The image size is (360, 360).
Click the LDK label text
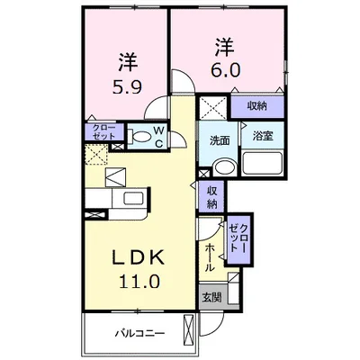coord(139,257)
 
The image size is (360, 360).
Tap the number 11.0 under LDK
coord(139,281)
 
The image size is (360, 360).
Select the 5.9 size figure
coord(127,86)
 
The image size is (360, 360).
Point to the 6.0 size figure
coord(226,71)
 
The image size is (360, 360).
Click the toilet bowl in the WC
coord(141,138)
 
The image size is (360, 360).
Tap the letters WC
coord(159,137)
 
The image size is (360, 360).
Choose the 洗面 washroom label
coord(220,140)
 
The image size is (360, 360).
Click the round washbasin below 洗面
coord(225,166)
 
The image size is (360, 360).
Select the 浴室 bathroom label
coord(263,136)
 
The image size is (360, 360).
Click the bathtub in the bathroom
coord(262,163)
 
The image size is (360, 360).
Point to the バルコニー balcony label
coord(140,333)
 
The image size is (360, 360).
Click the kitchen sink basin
coord(134,199)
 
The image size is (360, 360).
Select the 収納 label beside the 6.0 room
coord(257,106)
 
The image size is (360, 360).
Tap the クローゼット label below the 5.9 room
coord(103,131)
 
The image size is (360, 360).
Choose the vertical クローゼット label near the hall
coord(238,238)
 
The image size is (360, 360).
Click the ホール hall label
coord(210,257)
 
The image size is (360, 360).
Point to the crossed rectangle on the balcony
coord(189,327)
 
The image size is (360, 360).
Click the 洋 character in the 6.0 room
coord(224,47)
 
